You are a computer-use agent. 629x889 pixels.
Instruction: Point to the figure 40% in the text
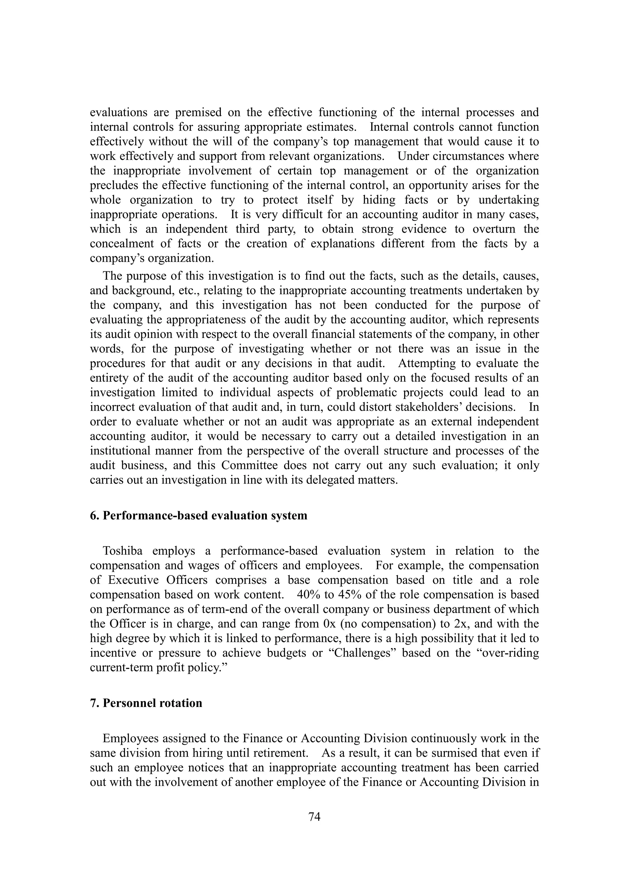coord(309,595)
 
